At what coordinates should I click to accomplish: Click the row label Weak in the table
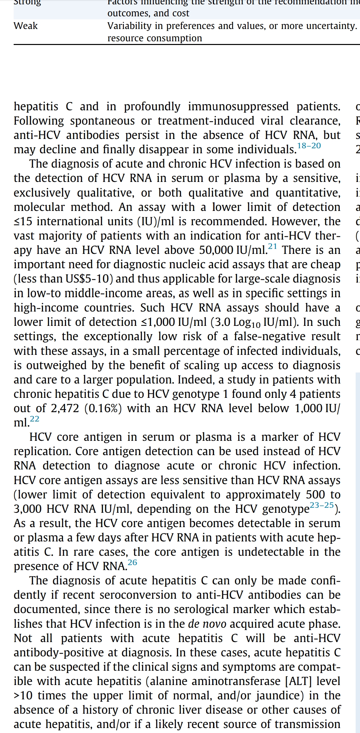pos(26,26)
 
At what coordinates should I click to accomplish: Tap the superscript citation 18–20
pos(309,146)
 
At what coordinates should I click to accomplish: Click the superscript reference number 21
pos(272,246)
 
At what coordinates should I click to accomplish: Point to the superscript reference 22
pos(35,419)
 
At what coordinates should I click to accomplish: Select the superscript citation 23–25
pos(322,505)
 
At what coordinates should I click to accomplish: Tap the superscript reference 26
pos(132,562)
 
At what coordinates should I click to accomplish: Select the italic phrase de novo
pos(207,624)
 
